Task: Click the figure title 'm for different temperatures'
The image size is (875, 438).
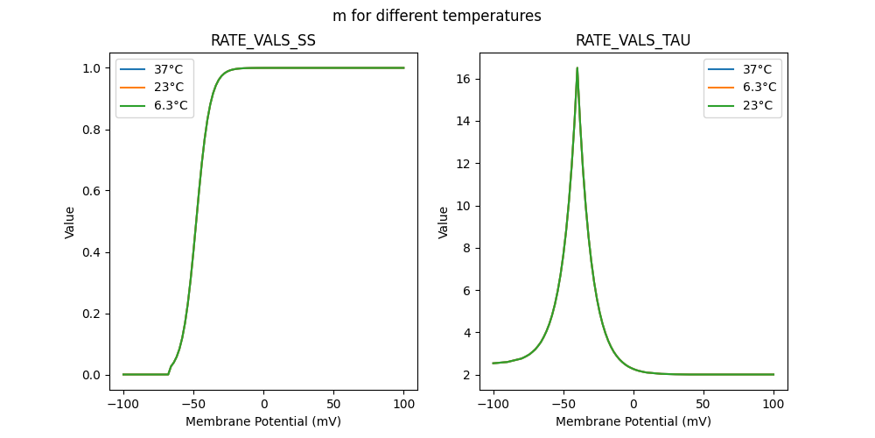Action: [437, 16]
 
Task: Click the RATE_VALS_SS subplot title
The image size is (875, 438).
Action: [263, 41]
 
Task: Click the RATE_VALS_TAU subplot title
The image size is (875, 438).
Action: [633, 41]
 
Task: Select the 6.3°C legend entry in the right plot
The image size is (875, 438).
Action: [759, 88]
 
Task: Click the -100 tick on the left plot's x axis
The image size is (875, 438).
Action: [123, 405]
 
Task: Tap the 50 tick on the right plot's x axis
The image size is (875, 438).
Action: [703, 405]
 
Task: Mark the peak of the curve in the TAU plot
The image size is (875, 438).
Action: [577, 68]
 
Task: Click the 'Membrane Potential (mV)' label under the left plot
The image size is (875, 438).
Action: [263, 421]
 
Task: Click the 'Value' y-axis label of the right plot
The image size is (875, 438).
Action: [444, 222]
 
